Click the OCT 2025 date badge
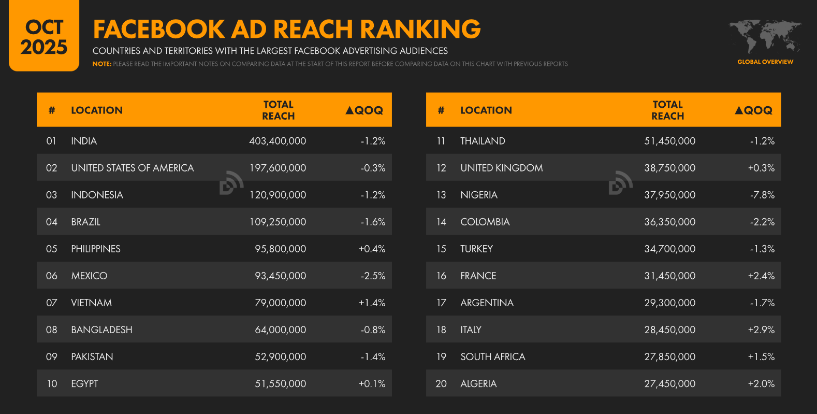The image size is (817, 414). point(44,37)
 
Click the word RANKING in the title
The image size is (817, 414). point(420,30)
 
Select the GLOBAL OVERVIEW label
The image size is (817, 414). point(765,62)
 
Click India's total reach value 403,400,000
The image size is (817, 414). point(278,141)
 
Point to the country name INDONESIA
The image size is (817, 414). point(97,195)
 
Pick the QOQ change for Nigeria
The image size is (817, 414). point(762,195)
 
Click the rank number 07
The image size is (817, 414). point(51,303)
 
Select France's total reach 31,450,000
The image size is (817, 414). point(669,276)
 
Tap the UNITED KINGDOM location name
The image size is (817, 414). point(501,168)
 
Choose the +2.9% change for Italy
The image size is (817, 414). point(761,330)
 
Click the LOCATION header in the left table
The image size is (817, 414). point(97,110)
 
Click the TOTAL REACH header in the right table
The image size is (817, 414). point(667,110)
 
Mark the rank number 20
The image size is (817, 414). point(441,383)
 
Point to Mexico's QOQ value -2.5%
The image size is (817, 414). point(373,276)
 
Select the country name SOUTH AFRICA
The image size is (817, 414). point(492,356)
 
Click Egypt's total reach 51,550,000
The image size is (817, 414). point(280,383)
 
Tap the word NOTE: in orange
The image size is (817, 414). point(102,64)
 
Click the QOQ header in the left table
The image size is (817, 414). point(364,110)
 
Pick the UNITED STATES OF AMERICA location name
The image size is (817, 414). point(132,168)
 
